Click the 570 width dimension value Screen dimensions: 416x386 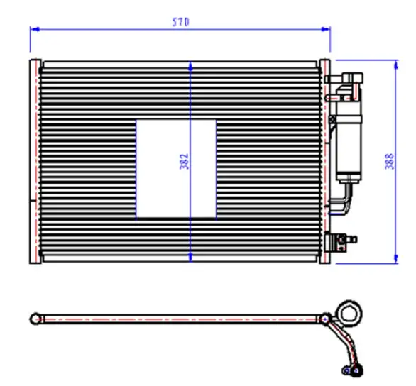click(181, 22)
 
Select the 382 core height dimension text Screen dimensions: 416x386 click(184, 161)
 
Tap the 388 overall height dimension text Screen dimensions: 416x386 click(390, 161)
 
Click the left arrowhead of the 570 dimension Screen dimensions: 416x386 click(35, 29)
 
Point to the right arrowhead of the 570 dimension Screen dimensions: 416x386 click(326, 29)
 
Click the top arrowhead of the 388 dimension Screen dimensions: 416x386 click(396, 65)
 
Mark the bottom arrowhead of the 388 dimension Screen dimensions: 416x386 click(396, 259)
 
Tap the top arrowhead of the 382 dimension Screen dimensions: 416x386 click(190, 66)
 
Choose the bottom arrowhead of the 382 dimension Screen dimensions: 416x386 click(190, 258)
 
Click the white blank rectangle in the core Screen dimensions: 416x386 click(176, 169)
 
